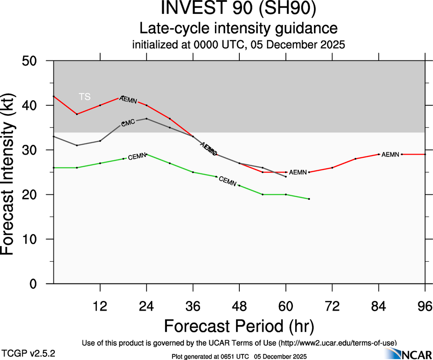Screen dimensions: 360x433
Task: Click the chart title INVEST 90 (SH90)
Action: pyautogui.click(x=238, y=9)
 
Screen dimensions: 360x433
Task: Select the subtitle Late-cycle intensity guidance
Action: pyautogui.click(x=238, y=28)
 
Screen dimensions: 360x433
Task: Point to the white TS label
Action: pyautogui.click(x=84, y=96)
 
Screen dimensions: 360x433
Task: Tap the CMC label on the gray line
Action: pyautogui.click(x=128, y=122)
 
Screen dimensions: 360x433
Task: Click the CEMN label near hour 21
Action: pyautogui.click(x=137, y=157)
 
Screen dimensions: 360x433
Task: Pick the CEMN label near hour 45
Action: pyautogui.click(x=227, y=181)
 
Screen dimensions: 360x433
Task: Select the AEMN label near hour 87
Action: pyautogui.click(x=390, y=154)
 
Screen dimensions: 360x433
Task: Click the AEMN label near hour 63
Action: pyautogui.click(x=297, y=172)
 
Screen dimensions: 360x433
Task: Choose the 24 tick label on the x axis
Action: pyautogui.click(x=146, y=306)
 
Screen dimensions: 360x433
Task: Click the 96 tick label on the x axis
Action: pyautogui.click(x=425, y=306)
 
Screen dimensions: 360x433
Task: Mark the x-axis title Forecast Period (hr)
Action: pyautogui.click(x=239, y=326)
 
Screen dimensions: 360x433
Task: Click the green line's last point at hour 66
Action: pyautogui.click(x=309, y=199)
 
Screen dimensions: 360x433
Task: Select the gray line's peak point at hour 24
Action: pyautogui.click(x=146, y=119)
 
